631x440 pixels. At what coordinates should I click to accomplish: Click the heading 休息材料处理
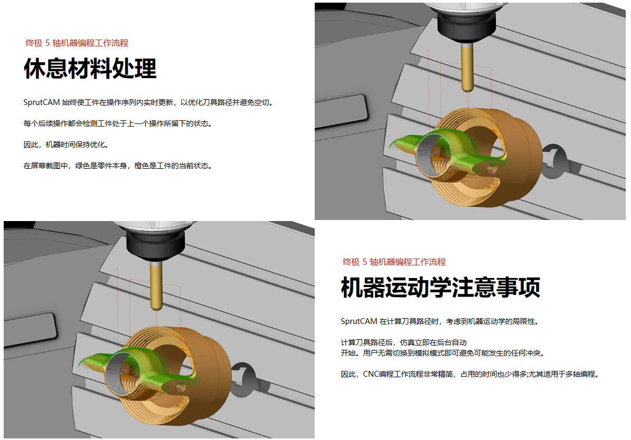(90, 68)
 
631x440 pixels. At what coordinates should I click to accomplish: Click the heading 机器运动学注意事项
(440, 287)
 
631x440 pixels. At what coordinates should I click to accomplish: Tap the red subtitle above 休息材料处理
(77, 43)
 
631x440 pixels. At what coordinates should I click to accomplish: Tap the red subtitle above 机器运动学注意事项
(394, 262)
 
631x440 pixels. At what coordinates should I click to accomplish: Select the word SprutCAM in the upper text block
(41, 102)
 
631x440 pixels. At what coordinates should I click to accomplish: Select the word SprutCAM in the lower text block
(359, 321)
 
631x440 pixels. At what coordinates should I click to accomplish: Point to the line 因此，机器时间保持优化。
(66, 145)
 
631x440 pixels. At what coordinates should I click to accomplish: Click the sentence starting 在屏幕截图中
(118, 166)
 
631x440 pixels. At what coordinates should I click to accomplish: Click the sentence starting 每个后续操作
(118, 123)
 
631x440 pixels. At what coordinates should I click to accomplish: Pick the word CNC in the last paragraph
(371, 374)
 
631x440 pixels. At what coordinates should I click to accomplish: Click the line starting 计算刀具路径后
(403, 342)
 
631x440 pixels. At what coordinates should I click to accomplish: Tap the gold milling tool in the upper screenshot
(467, 67)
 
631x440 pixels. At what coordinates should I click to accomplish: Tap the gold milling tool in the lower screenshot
(156, 286)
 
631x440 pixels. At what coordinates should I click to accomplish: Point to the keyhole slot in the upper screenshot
(555, 161)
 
